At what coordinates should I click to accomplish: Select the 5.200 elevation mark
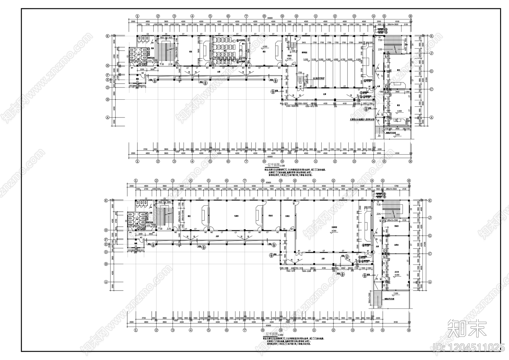pyautogui.click(x=306, y=60)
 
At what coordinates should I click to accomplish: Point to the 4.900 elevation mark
pyautogui.click(x=329, y=60)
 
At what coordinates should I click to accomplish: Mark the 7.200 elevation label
pyautogui.click(x=396, y=293)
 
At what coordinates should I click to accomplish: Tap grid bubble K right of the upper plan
pyautogui.click(x=431, y=36)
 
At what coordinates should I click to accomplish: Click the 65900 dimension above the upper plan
pyautogui.click(x=270, y=18)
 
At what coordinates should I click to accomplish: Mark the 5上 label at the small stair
pyautogui.click(x=300, y=83)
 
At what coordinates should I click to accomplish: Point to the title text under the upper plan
pyautogui.click(x=271, y=166)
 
